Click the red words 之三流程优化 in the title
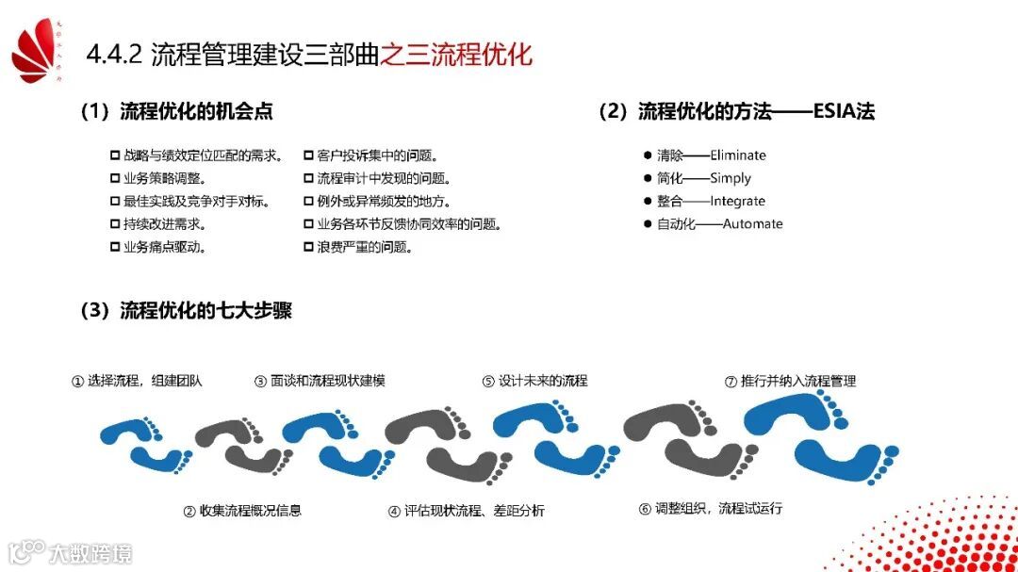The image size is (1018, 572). [456, 55]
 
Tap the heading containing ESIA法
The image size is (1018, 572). [736, 111]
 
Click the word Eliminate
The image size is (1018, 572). [738, 155]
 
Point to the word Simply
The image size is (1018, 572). [731, 178]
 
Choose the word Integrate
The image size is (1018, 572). [738, 201]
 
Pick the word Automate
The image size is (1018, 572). [752, 223]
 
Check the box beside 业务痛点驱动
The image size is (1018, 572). [115, 247]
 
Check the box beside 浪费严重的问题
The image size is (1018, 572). [308, 247]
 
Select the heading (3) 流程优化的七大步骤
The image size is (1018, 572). [186, 311]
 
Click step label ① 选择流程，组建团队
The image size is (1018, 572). [138, 382]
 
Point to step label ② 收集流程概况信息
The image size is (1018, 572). [242, 511]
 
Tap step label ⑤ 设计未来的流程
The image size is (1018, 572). [534, 382]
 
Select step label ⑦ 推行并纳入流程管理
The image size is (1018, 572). [790, 382]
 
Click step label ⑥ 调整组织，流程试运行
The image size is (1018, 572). [710, 509]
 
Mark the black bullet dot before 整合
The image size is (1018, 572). [648, 201]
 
